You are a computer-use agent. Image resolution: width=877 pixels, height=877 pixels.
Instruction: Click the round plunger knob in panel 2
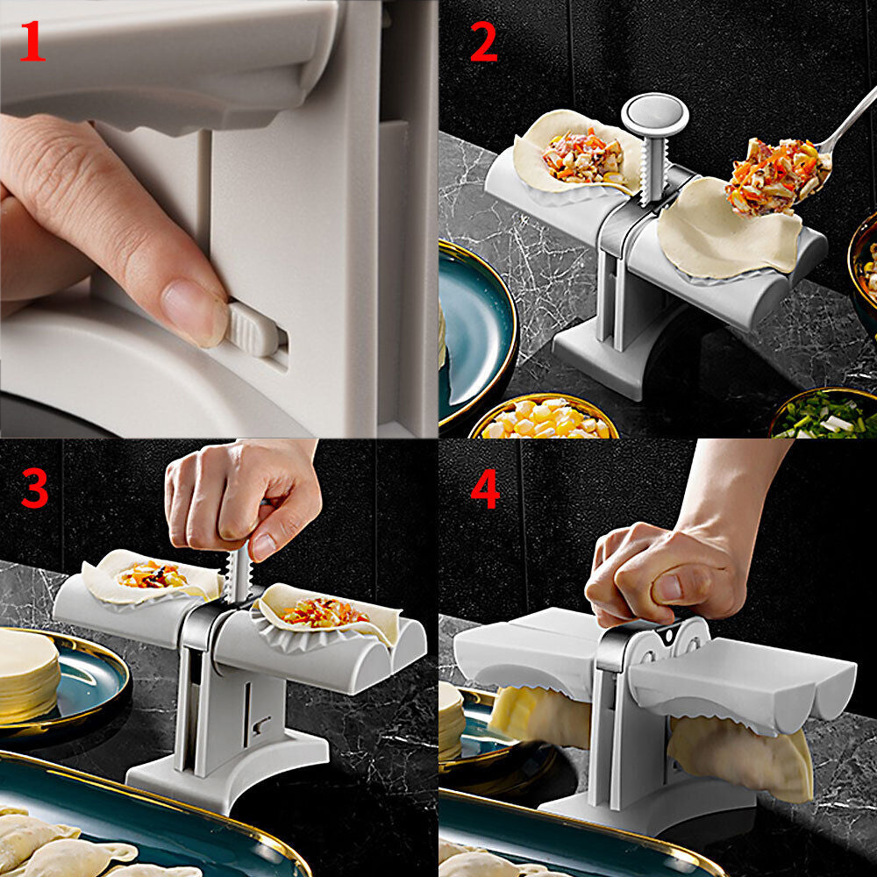(654, 113)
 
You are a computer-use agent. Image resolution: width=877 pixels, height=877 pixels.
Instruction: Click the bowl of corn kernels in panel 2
(544, 419)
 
